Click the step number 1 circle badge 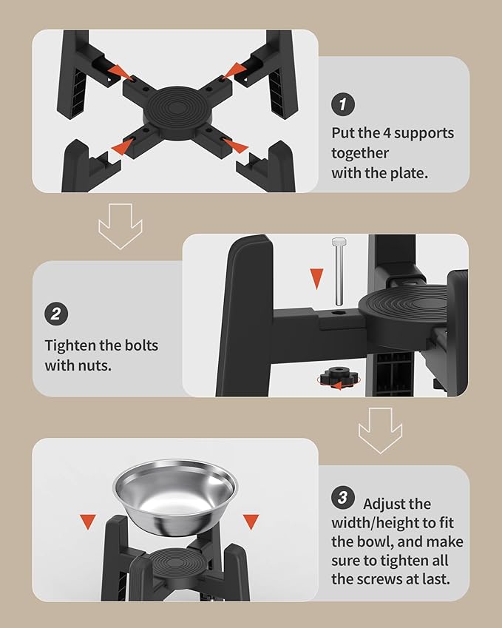[x=342, y=104]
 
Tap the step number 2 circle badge [x=56, y=314]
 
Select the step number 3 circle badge [x=342, y=498]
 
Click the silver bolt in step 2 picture [x=339, y=271]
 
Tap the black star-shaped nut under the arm [x=339, y=377]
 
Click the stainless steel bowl [x=175, y=497]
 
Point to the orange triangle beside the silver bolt [x=316, y=278]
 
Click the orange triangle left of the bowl [x=88, y=521]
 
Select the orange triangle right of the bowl [x=251, y=521]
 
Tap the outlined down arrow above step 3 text [x=380, y=431]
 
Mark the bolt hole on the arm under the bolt [x=339, y=313]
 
